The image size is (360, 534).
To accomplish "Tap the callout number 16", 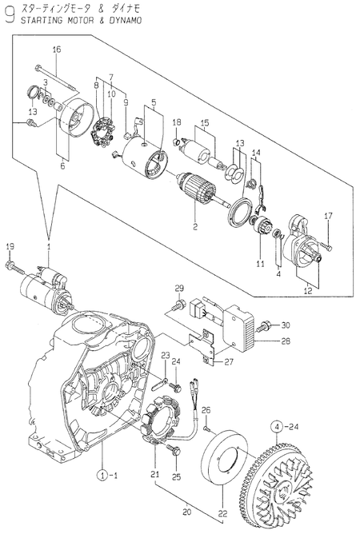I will click(x=57, y=50).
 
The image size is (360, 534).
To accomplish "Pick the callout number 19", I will click(x=10, y=245).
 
